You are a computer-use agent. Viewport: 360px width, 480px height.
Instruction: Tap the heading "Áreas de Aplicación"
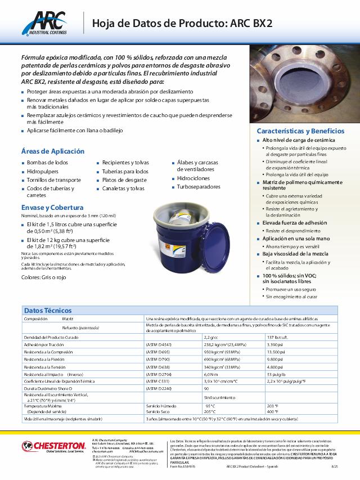[x=53, y=151]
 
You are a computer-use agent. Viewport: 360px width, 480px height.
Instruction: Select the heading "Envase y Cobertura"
[x=52, y=207]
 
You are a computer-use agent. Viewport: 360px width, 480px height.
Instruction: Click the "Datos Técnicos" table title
[x=47, y=310]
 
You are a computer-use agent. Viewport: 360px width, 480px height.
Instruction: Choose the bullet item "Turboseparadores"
[x=199, y=186]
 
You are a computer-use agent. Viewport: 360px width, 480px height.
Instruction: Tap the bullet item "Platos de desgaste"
[x=125, y=180]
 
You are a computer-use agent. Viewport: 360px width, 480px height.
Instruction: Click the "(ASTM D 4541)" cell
[x=160, y=344]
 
